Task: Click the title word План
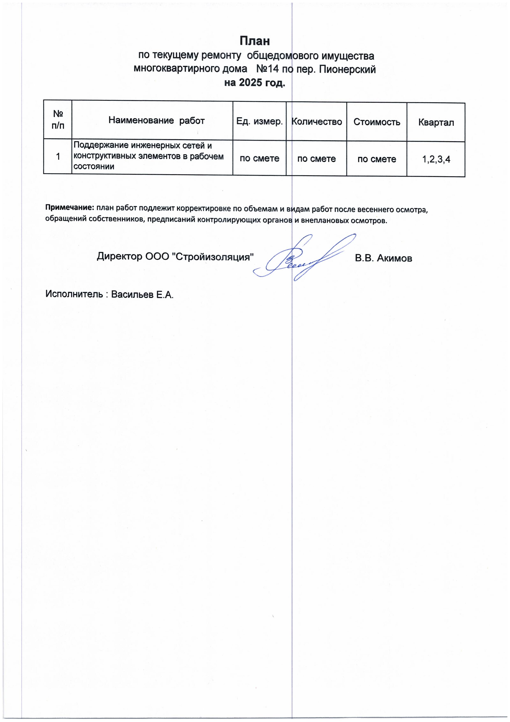255,41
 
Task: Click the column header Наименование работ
156,120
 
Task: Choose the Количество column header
316,122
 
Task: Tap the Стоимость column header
377,122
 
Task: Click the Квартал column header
436,122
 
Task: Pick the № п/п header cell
58,120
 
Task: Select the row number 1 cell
58,156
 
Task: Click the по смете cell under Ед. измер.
259,158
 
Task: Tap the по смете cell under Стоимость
377,159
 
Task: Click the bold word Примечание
70,207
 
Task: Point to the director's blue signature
303,258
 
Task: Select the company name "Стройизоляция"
213,257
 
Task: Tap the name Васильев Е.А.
142,295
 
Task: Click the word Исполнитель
74,294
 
